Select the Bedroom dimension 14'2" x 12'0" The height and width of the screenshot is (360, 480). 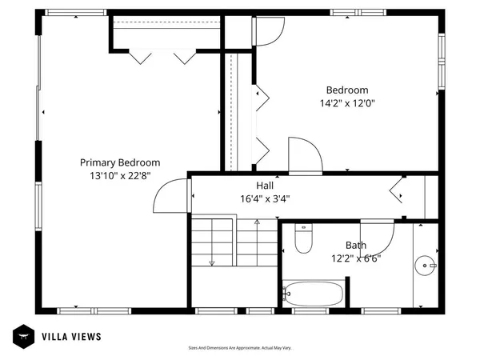[x=346, y=103]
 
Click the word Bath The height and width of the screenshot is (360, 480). [x=356, y=246]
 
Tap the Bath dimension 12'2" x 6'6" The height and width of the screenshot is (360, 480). [x=356, y=258]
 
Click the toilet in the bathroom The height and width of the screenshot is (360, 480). [x=302, y=238]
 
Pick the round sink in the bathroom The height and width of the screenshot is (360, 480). [x=427, y=262]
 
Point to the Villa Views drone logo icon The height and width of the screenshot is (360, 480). [x=22, y=336]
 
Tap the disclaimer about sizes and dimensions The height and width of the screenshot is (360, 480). [x=239, y=348]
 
